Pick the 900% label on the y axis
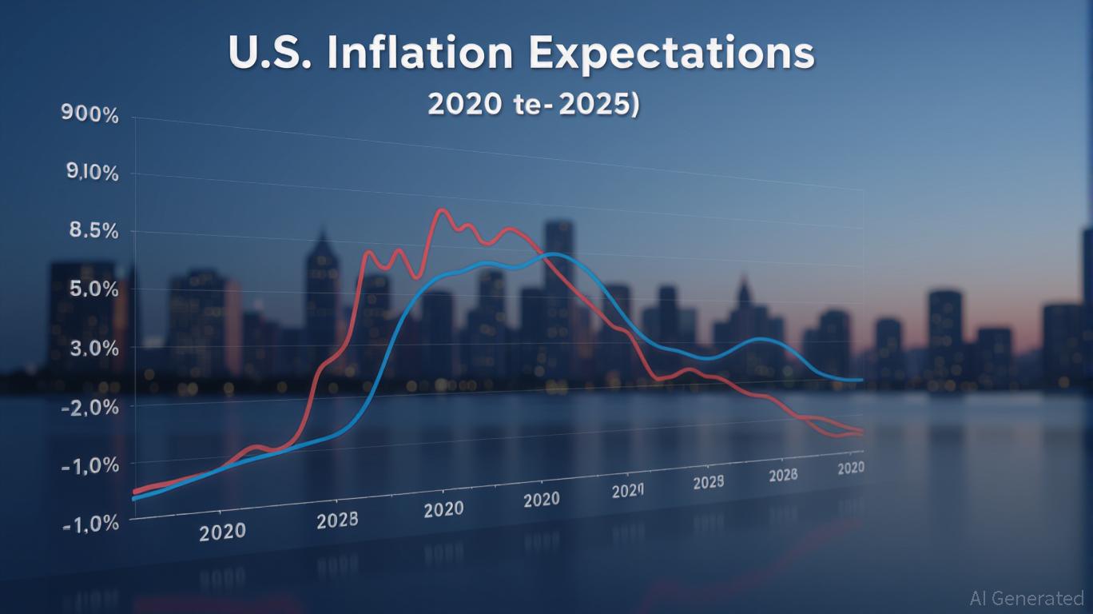pyautogui.click(x=89, y=115)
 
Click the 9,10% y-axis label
pyautogui.click(x=89, y=173)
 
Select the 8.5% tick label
pyautogui.click(x=91, y=231)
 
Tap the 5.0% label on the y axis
pyautogui.click(x=93, y=289)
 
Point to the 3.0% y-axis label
pyautogui.click(x=93, y=349)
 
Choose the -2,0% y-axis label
pyautogui.click(x=90, y=407)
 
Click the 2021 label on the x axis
pyautogui.click(x=627, y=490)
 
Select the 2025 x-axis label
pyautogui.click(x=708, y=482)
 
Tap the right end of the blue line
pyautogui.click(x=861, y=380)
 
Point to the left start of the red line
pyautogui.click(x=134, y=492)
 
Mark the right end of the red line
pyautogui.click(x=861, y=433)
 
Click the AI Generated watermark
pyautogui.click(x=1026, y=598)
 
